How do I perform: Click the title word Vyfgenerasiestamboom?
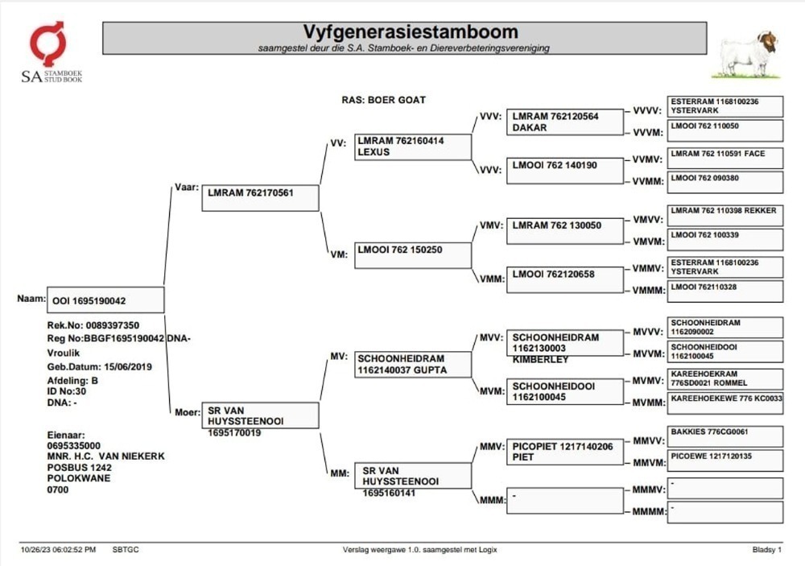[411, 32]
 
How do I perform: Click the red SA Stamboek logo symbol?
[47, 44]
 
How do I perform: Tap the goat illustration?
[748, 55]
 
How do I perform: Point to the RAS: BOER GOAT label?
[383, 100]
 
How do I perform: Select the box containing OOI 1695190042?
[105, 300]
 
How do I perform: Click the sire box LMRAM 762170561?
[260, 198]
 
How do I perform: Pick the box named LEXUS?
[413, 147]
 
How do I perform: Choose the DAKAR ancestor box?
[565, 122]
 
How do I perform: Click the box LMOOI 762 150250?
[413, 255]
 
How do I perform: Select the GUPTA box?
[413, 364]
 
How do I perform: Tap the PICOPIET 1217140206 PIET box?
[565, 452]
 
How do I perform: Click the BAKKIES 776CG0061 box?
[725, 436]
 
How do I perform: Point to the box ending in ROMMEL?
[725, 379]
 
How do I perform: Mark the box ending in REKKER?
[725, 216]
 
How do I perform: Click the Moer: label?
[188, 412]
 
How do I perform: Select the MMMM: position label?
[649, 511]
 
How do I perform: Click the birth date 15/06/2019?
[128, 367]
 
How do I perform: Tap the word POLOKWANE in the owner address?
[79, 478]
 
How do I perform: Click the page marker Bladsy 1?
[767, 550]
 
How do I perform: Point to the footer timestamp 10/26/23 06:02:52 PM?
[58, 550]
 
